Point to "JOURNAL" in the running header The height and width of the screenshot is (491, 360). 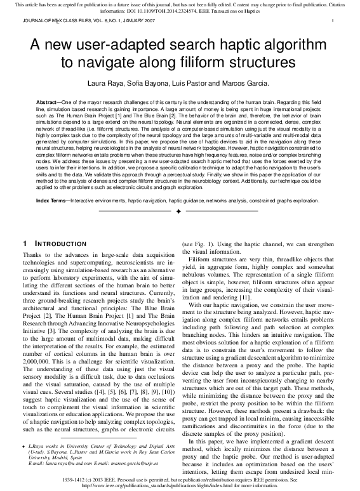33,21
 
